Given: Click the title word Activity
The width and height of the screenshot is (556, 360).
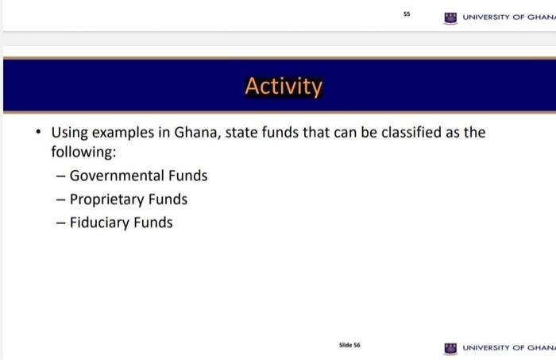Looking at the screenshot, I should click(x=284, y=86).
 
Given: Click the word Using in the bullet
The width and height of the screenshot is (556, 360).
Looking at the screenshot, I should click(x=71, y=132).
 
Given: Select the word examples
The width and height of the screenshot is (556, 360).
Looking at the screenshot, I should click(x=125, y=132).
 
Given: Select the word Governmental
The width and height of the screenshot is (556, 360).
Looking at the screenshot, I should click(x=116, y=176).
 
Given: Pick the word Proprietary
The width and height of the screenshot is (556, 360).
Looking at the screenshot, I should click(x=107, y=199).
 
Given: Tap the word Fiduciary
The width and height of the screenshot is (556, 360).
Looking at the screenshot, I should click(x=98, y=223).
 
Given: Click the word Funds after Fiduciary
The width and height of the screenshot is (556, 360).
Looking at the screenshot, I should click(x=153, y=223).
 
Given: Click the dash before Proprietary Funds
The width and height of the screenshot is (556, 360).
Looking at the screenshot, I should click(x=60, y=199).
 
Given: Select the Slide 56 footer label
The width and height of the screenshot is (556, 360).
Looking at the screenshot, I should click(x=349, y=345).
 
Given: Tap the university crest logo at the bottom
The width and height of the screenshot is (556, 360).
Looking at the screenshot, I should click(x=450, y=348).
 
